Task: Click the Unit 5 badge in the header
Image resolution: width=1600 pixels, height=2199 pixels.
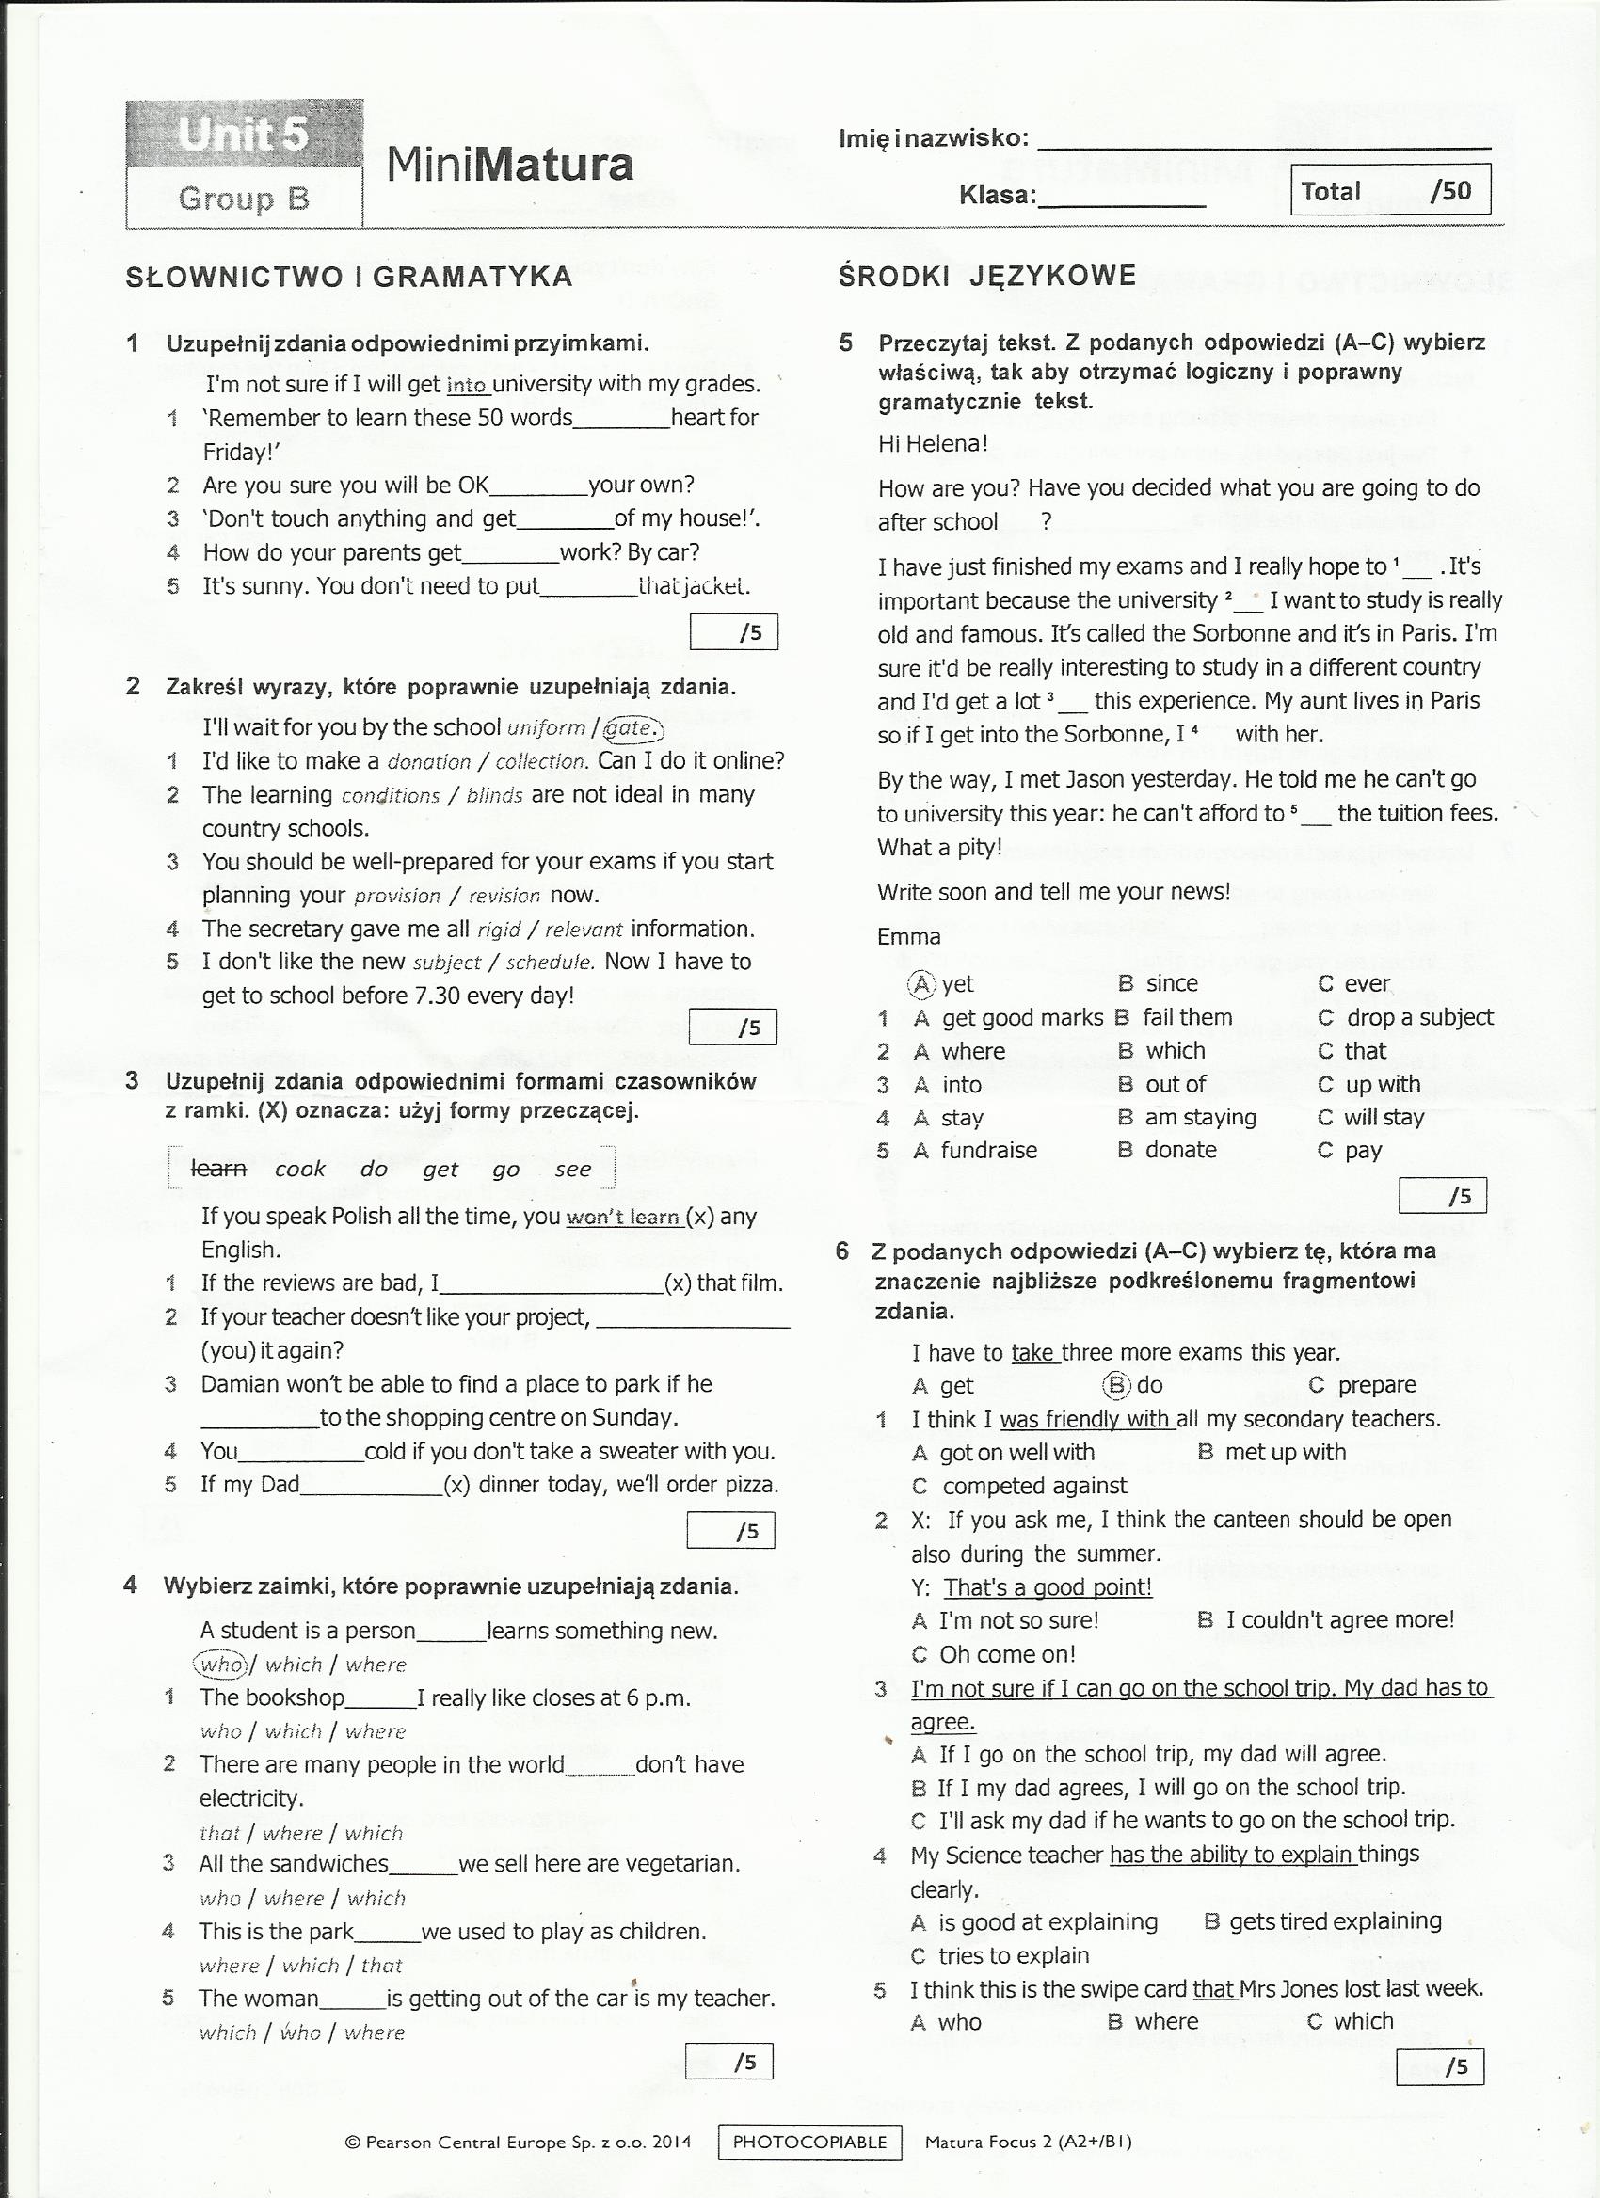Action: pos(244,133)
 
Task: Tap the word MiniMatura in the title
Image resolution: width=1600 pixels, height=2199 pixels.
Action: pos(509,164)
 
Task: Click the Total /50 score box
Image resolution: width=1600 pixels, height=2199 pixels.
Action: pos(1389,190)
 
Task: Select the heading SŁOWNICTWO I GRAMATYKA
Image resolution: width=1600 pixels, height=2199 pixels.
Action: pos(349,278)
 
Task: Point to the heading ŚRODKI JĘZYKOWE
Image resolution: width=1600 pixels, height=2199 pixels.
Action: pos(987,276)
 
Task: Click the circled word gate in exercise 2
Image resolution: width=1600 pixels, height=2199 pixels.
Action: pos(632,728)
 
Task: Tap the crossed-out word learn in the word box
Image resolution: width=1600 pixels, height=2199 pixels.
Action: pos(218,1169)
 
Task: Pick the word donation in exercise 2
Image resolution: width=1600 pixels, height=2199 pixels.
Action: pos(428,762)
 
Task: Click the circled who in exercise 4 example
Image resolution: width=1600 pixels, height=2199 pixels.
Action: pos(221,1665)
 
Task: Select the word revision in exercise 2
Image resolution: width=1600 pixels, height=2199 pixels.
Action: pos(504,896)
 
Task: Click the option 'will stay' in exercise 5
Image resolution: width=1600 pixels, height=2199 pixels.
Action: pos(1384,1118)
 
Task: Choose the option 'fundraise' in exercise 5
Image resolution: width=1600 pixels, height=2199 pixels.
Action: pos(989,1151)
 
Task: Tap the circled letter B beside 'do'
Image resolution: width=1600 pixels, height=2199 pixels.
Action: pos(1117,1385)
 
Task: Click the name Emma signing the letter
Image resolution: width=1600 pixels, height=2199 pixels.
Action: pos(908,936)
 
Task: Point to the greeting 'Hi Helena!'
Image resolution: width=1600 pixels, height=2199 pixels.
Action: pos(933,444)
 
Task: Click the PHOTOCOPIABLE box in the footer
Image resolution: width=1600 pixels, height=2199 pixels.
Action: pos(809,2142)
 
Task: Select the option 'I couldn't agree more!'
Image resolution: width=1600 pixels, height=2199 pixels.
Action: pos(1339,1620)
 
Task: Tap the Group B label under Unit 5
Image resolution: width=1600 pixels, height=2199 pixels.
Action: pos(244,199)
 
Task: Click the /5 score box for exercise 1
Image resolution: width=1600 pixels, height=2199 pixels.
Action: pos(734,633)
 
